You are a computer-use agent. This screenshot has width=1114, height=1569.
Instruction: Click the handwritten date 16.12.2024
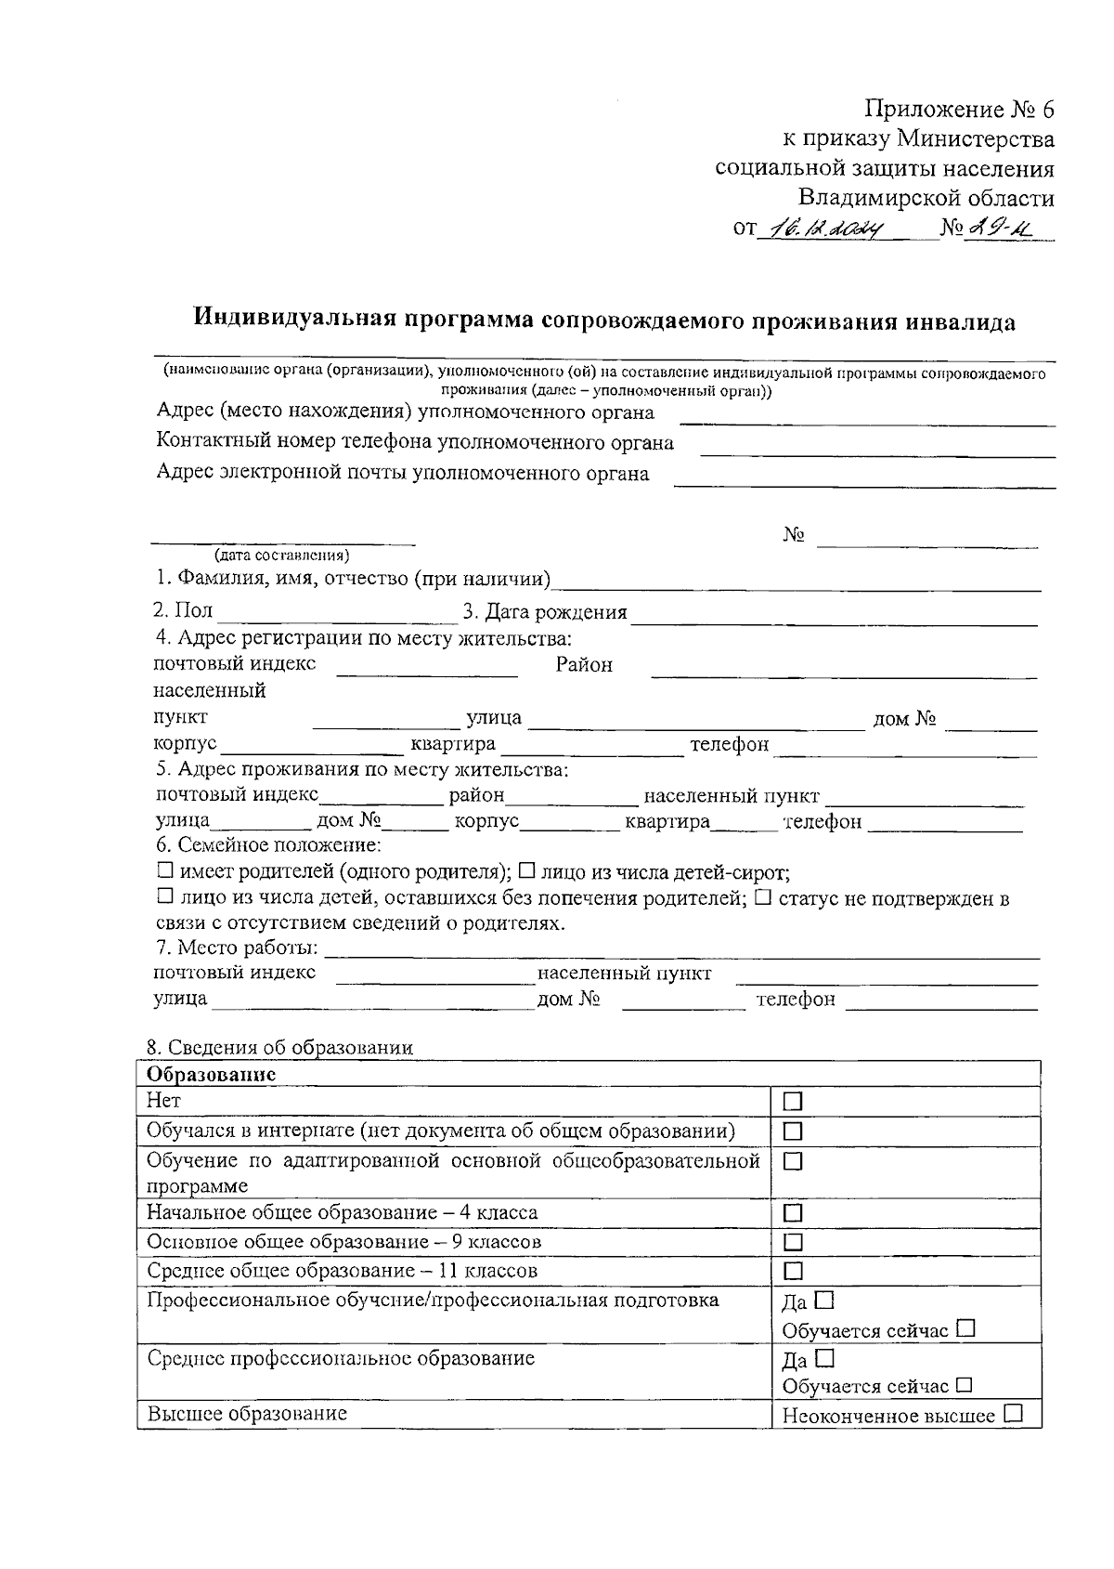822,229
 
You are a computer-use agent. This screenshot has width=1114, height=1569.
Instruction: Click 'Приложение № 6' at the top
960,110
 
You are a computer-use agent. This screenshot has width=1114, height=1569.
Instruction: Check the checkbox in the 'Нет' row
793,1102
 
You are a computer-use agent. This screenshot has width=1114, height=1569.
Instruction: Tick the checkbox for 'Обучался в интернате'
793,1131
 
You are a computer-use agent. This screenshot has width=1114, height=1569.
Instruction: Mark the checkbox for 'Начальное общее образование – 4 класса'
793,1213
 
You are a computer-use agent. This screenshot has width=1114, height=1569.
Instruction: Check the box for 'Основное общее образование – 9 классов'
793,1242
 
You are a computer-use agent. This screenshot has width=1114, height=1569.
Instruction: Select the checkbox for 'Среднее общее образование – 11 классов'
793,1271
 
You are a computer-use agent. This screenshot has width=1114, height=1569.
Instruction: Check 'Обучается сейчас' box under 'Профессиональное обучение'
965,1328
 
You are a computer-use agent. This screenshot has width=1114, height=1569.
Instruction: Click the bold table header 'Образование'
212,1074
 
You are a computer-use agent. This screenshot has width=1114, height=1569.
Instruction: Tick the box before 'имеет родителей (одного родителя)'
165,871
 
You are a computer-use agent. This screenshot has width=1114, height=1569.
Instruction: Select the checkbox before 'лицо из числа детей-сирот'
526,871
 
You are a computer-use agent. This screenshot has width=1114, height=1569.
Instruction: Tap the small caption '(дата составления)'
282,556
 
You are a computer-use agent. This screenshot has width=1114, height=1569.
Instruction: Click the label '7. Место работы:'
237,948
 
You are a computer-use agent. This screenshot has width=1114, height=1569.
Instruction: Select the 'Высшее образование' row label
247,1414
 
